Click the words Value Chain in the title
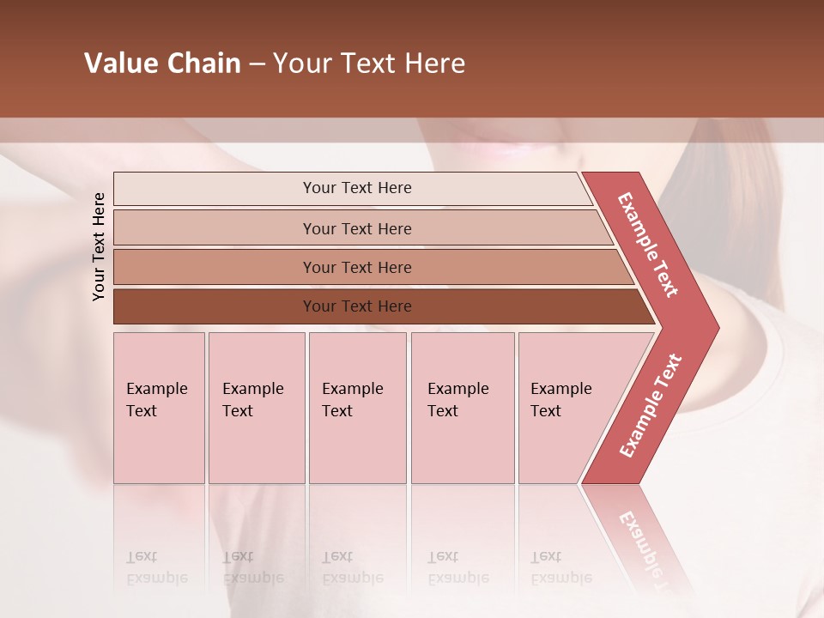162,64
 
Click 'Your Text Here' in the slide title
369,64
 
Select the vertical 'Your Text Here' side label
99,246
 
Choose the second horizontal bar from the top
357,228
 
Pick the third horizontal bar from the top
357,267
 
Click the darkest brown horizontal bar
357,306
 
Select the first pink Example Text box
159,408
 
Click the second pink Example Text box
257,408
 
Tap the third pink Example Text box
357,408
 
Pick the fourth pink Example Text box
463,408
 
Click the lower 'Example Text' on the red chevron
651,405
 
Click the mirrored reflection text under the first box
156,567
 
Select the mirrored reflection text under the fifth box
560,567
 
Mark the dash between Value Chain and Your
257,64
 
